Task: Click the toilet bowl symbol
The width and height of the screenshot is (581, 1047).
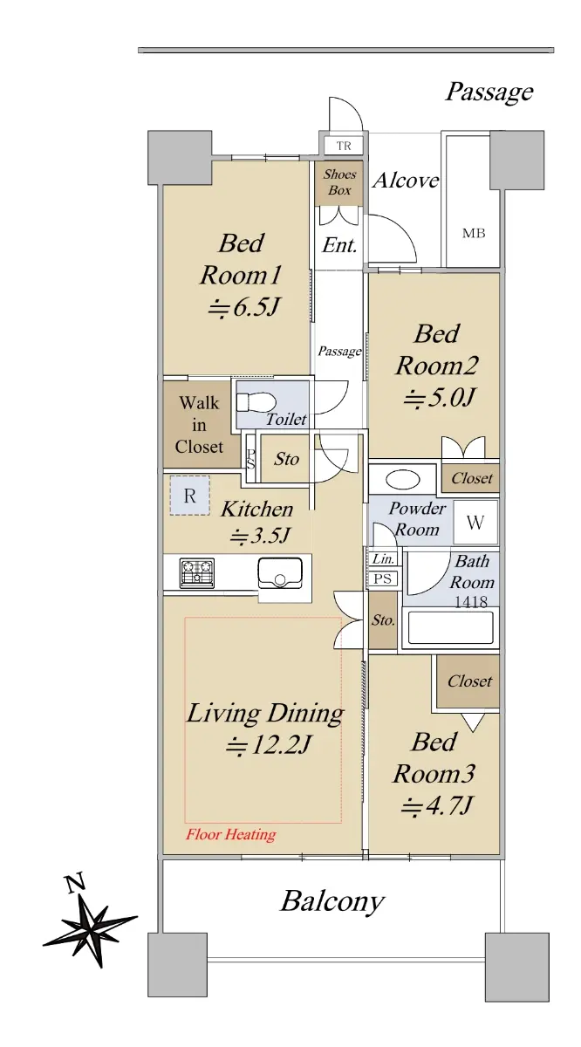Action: point(256,401)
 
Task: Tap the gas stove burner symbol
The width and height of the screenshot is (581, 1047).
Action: point(197,573)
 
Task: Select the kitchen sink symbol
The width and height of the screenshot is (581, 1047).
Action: point(280,573)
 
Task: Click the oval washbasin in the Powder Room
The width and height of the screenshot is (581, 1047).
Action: point(403,480)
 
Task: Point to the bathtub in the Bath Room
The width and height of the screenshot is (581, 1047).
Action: point(451,627)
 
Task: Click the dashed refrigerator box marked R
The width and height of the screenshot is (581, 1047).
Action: point(189,496)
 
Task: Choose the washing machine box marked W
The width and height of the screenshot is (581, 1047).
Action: point(475,523)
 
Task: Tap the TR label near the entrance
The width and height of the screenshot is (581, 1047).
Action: point(344,146)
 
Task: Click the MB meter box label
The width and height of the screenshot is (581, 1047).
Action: point(474,233)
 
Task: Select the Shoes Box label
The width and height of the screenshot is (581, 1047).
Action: point(339,181)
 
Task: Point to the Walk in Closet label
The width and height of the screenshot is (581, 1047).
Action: point(199,425)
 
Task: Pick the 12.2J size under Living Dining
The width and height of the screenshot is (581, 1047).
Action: point(267,744)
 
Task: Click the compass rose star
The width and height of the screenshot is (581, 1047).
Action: point(90,924)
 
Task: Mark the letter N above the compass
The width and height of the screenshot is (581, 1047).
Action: point(75,883)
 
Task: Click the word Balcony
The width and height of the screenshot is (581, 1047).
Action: point(332,900)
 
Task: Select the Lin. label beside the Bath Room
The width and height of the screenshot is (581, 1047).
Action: point(383,558)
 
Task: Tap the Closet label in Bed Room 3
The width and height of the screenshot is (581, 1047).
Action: point(469,681)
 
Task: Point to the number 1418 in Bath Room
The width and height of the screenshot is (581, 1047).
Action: point(471,601)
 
